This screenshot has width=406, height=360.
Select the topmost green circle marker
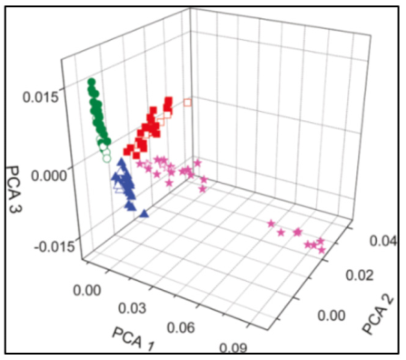pyautogui.click(x=91, y=84)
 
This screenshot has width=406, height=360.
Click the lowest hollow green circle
pyautogui.click(x=107, y=158)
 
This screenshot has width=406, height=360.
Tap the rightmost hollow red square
pyautogui.click(x=189, y=103)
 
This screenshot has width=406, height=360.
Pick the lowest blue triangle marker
pyautogui.click(x=145, y=214)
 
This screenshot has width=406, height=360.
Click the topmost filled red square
pyautogui.click(x=169, y=100)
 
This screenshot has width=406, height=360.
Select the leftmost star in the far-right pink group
pyautogui.click(x=271, y=223)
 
